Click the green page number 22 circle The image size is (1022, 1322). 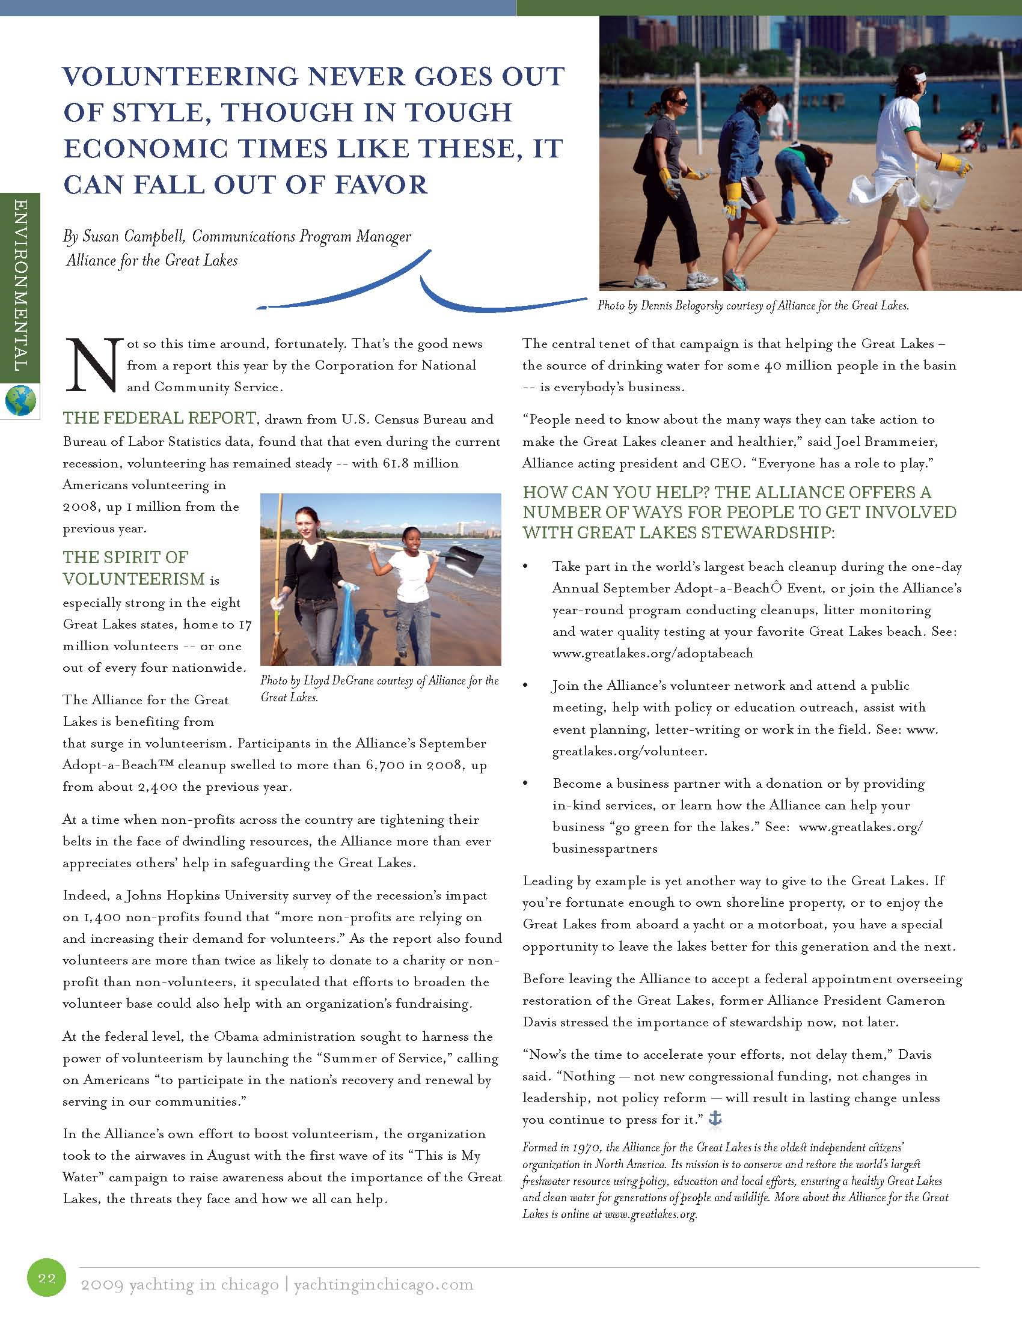(47, 1278)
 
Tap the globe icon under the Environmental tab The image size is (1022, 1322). (20, 400)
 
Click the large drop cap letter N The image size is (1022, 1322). (93, 364)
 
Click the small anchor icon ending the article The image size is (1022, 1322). (715, 1119)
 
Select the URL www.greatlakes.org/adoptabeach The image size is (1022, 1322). (653, 653)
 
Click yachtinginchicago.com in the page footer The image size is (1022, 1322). (384, 1285)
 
